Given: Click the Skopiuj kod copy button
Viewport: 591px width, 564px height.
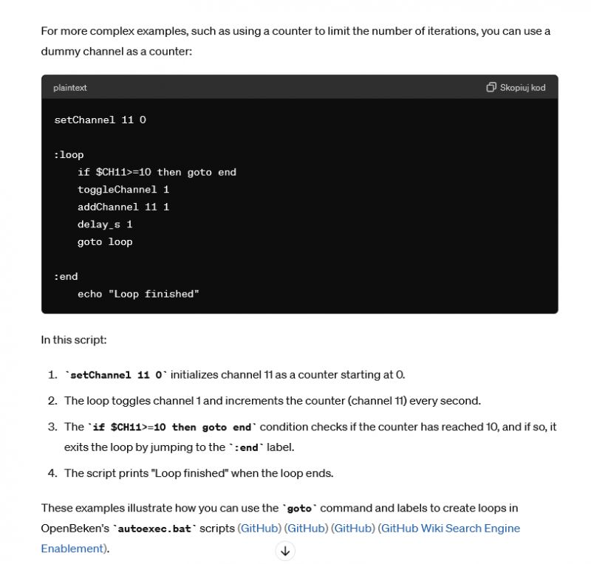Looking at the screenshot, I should tap(516, 87).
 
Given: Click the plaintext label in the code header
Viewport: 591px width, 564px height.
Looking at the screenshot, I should tap(69, 87).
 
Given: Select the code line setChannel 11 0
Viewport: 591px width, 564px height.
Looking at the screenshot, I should tap(100, 120).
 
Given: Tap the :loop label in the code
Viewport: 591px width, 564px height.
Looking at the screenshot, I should tap(69, 154).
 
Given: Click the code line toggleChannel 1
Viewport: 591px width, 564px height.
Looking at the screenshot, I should tap(123, 189).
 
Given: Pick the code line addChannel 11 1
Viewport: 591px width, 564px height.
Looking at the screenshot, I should tap(123, 207).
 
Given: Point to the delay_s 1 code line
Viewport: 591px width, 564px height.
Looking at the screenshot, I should tap(105, 224).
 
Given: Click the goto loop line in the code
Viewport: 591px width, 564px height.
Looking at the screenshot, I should tap(105, 241).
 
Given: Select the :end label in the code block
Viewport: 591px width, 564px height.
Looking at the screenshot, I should tap(66, 276).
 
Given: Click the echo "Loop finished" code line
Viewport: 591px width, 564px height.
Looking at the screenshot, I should tap(138, 294).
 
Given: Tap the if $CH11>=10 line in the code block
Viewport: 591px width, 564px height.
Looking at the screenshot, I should tap(157, 172).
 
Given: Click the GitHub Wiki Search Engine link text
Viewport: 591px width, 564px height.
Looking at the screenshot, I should tap(450, 528).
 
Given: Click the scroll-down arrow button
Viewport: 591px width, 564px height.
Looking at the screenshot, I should tap(285, 551).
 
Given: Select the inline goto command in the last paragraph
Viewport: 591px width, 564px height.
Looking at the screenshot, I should tap(299, 509).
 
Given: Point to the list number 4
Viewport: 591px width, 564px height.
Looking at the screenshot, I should tap(52, 473).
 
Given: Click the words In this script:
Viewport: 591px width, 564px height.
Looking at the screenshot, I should tap(75, 340).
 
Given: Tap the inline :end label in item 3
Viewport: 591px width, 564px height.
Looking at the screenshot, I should tap(246, 447).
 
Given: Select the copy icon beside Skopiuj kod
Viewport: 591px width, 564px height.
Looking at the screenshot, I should tap(491, 87).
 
